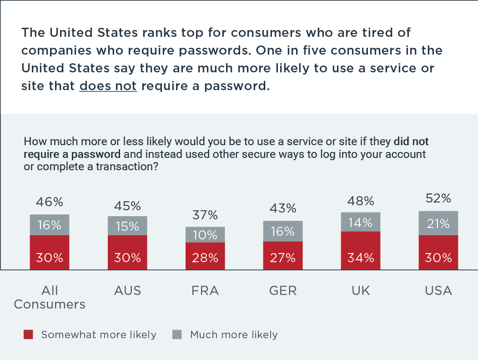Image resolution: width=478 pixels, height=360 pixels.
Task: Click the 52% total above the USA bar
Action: pyautogui.click(x=439, y=198)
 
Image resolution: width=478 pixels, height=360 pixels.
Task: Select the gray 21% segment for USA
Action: pyautogui.click(x=439, y=223)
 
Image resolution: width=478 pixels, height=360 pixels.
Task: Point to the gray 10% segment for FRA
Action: pyautogui.click(x=205, y=234)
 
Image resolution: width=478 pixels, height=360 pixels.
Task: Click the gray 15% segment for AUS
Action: pyautogui.click(x=127, y=226)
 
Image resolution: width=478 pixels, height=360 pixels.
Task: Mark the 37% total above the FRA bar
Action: pyautogui.click(x=205, y=215)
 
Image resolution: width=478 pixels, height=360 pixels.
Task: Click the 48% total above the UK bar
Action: pyautogui.click(x=361, y=201)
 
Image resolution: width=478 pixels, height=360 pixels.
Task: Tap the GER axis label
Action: pyautogui.click(x=283, y=291)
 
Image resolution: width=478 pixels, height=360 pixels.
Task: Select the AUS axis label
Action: pyautogui.click(x=127, y=291)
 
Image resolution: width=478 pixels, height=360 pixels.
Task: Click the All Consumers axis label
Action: pyautogui.click(x=50, y=297)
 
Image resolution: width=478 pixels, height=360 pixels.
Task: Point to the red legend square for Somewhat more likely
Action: pyautogui.click(x=28, y=335)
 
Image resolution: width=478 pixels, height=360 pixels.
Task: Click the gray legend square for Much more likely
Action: pyautogui.click(x=177, y=335)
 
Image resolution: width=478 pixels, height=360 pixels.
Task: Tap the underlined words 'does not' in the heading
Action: pyautogui.click(x=108, y=86)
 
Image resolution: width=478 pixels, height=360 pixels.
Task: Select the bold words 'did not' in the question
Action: pyautogui.click(x=411, y=141)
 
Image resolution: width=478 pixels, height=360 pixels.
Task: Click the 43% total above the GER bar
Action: pyautogui.click(x=283, y=208)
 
